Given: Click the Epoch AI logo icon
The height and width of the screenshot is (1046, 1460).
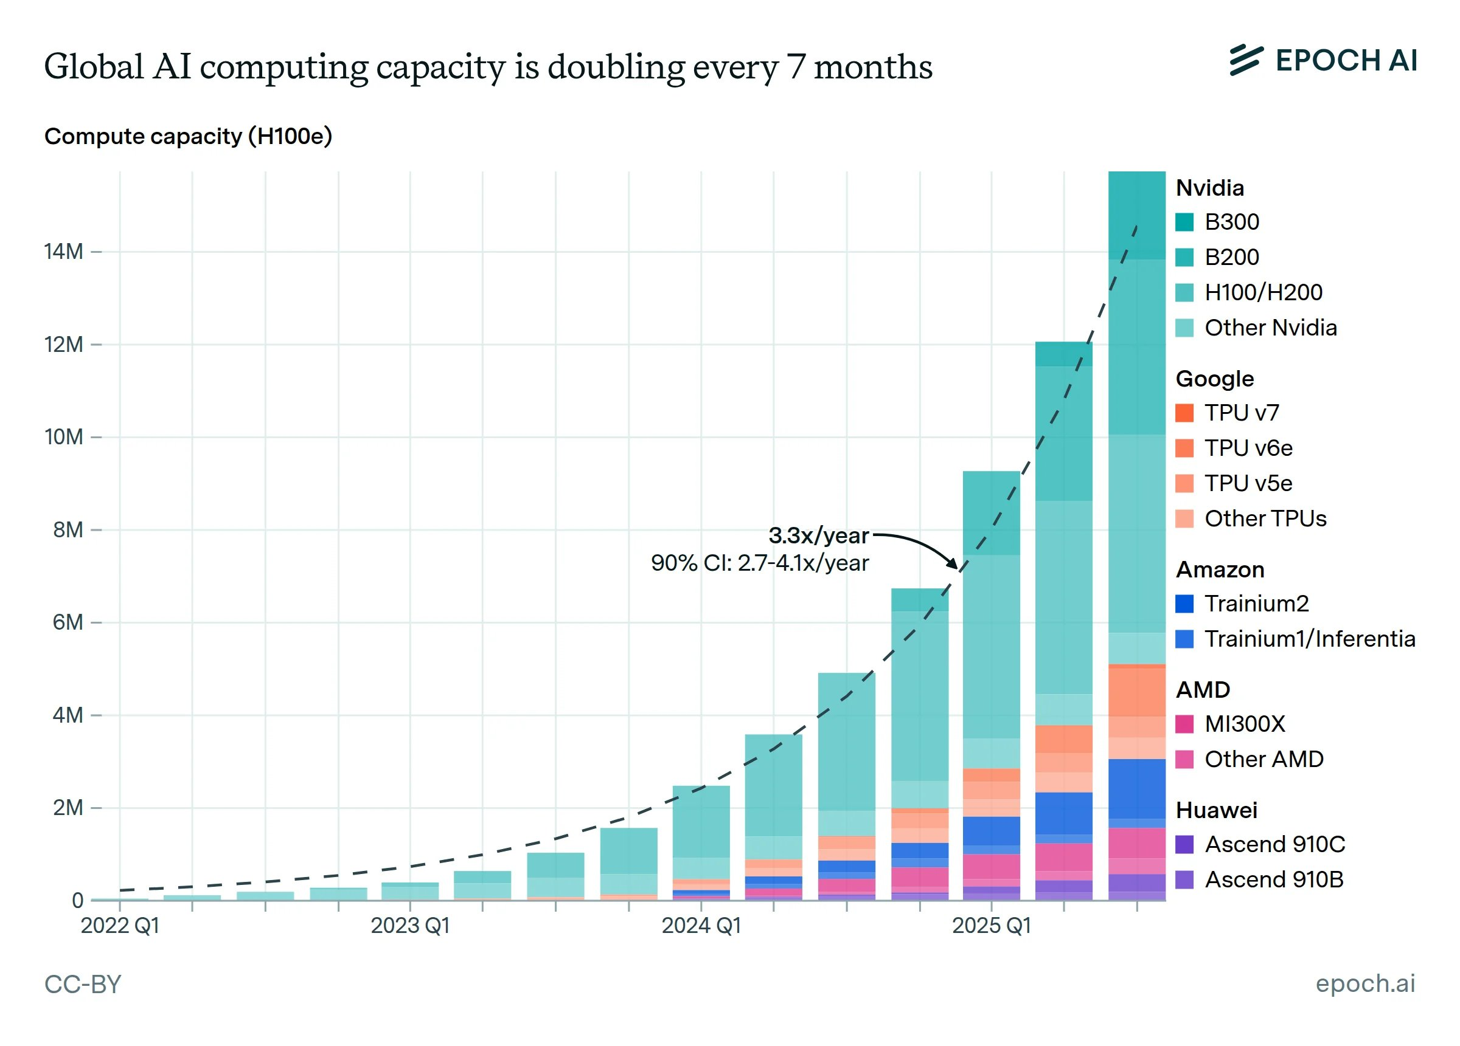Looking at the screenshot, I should tap(1246, 60).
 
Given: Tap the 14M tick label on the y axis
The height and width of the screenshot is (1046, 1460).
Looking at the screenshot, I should tap(63, 252).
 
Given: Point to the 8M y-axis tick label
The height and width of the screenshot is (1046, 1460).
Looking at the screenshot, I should tap(68, 530).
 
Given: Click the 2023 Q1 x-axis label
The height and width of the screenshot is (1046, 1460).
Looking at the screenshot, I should tap(410, 926).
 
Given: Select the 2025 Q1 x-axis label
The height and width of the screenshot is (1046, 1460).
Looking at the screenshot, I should tap(992, 926).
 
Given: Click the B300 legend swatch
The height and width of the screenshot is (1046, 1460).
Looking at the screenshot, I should tap(1184, 222).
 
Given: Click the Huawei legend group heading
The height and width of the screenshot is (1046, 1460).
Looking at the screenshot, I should tap(1216, 811).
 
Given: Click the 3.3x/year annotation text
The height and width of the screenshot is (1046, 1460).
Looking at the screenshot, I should tap(818, 535).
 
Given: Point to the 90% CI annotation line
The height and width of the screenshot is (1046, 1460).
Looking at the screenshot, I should tap(760, 563).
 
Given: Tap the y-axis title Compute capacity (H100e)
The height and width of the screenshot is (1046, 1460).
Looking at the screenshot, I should tap(188, 136).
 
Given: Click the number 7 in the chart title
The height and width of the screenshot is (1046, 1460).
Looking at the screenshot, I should tap(796, 67).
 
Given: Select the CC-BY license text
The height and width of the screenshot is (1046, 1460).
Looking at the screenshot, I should tap(82, 984).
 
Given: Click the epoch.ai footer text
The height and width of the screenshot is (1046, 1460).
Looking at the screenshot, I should tap(1364, 983).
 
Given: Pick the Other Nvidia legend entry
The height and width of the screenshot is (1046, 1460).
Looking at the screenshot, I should tap(1270, 328).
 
